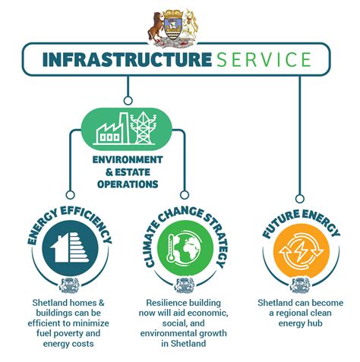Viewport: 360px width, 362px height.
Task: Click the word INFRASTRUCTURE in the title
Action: coord(127,59)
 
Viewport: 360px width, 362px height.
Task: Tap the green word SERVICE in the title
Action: coord(264,59)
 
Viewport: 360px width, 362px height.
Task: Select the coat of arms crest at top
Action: coord(173,28)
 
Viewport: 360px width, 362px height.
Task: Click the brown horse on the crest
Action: coord(156,27)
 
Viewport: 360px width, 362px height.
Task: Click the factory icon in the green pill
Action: coord(112,129)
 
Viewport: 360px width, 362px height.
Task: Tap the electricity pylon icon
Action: coord(144,128)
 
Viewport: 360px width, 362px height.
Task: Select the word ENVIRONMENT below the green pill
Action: coord(128,160)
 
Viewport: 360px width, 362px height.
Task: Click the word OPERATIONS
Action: coord(128,184)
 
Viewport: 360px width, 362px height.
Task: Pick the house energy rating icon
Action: coord(70,247)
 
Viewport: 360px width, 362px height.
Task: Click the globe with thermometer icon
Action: coord(185,247)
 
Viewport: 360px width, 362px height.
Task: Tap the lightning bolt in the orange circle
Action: coord(301,251)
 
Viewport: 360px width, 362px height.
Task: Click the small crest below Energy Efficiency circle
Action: coord(69,285)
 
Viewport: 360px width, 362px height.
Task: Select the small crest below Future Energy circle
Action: coord(300,285)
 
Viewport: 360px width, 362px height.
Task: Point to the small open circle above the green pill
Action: coord(128,101)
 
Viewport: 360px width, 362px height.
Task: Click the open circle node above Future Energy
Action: coord(300,199)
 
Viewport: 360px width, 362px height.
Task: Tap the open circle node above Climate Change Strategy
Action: coord(185,195)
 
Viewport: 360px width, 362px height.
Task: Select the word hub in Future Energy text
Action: coord(315,323)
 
